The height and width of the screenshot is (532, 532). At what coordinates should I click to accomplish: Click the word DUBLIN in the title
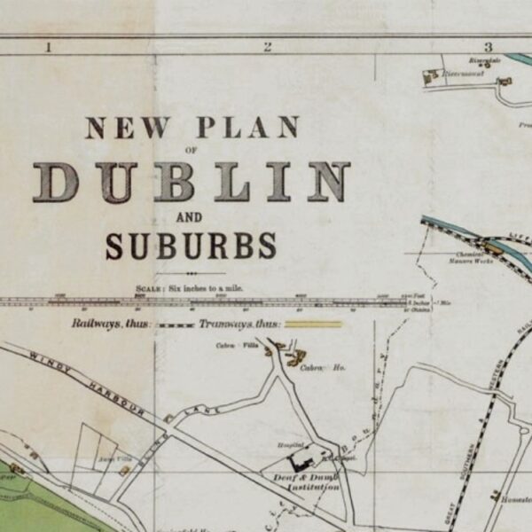coord(192,183)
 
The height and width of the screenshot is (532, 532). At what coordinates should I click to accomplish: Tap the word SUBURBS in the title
coord(191,246)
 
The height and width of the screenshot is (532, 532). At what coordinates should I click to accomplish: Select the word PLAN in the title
coord(247,128)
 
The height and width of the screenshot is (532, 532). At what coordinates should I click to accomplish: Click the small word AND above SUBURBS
coord(190,217)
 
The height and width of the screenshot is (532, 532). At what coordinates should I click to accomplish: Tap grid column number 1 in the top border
coord(48,47)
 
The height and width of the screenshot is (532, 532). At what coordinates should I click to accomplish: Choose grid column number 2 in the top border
coord(267,47)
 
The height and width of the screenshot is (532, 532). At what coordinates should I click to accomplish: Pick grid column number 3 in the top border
coord(487,47)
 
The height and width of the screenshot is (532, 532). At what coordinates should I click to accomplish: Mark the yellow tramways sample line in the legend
coord(312,325)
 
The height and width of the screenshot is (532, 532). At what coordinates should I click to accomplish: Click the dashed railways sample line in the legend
coord(175,325)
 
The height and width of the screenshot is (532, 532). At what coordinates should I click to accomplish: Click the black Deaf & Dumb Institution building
coord(302,460)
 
